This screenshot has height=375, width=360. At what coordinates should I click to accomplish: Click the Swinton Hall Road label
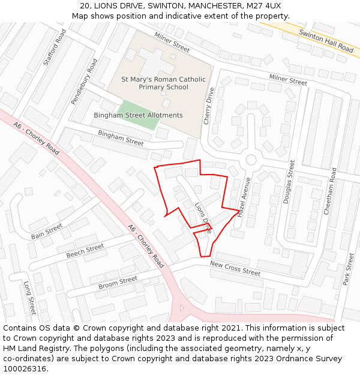[x=326, y=40]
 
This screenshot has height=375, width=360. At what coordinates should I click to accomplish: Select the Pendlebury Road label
[x=84, y=82]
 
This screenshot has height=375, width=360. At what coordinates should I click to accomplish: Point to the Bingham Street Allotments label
[x=138, y=115]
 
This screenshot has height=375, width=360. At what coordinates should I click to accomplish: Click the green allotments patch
[x=139, y=115]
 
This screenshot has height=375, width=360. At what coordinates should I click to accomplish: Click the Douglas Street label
[x=289, y=182]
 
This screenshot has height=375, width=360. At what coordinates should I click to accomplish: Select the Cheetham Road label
[x=330, y=191]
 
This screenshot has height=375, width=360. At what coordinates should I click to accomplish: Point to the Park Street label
[x=347, y=269]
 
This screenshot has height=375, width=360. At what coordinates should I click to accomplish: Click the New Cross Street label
[x=235, y=268]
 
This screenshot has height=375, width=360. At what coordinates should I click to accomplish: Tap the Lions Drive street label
[x=203, y=217]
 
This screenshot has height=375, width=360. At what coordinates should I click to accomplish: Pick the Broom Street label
[x=118, y=282]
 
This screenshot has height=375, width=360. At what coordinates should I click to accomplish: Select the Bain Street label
[x=47, y=231]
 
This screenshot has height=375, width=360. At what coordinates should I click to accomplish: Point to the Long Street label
[x=30, y=298]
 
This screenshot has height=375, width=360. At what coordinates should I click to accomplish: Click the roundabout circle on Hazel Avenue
[x=251, y=160]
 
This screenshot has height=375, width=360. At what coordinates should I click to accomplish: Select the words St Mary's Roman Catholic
[x=163, y=79]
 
